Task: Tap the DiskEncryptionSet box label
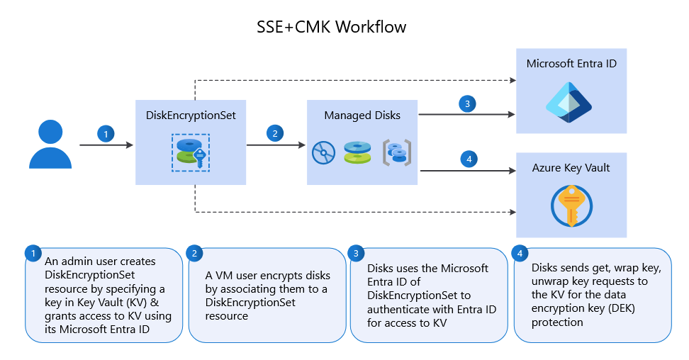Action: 191,115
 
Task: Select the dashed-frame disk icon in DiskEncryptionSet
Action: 191,152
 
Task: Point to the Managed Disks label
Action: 362,115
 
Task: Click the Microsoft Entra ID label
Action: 571,64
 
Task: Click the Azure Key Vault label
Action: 571,168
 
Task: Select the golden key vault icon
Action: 571,206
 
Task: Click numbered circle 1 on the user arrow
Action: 106,133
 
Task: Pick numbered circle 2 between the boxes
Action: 274,133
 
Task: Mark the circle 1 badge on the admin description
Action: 32,253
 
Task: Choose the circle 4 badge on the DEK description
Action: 520,253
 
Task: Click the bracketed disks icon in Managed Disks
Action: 398,152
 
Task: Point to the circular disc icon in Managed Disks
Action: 324,152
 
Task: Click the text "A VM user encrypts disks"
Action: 267,276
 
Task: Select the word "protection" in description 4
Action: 557,322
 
